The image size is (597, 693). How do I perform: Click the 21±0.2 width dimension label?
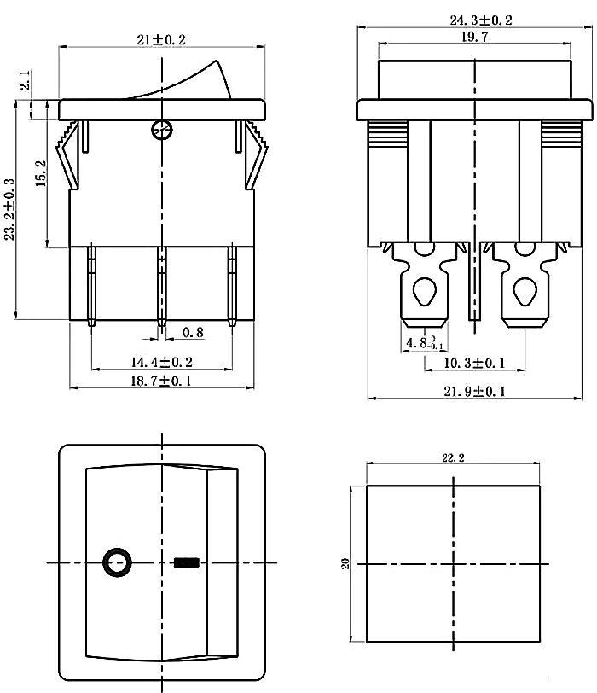(161, 39)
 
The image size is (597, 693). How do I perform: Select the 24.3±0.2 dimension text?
(481, 20)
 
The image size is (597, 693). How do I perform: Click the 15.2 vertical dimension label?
(40, 177)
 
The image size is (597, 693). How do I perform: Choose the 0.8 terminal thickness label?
(192, 333)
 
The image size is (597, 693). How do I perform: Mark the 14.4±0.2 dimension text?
(161, 362)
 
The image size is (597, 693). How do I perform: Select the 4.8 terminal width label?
(421, 343)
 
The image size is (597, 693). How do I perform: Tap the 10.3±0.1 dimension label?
(474, 363)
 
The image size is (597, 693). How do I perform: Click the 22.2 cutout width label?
(454, 457)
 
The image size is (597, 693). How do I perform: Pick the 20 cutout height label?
(345, 563)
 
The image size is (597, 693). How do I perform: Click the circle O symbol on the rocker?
(117, 563)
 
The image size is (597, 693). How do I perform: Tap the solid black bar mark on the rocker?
(185, 563)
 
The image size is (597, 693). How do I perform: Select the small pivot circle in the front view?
(161, 131)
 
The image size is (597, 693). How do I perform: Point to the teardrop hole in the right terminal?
(521, 293)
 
